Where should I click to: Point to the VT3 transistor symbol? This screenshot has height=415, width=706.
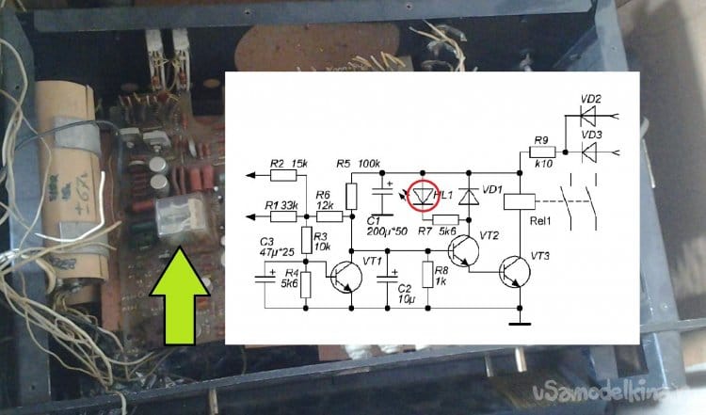[515, 271]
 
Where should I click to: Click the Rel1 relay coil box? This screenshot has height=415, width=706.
[520, 200]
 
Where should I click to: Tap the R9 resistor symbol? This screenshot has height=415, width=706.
[541, 151]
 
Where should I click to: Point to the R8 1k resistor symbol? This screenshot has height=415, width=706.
[427, 275]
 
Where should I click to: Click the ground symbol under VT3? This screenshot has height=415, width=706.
[518, 326]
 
